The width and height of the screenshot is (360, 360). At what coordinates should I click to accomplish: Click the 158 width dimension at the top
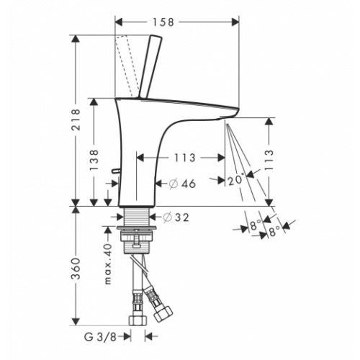point(163,22)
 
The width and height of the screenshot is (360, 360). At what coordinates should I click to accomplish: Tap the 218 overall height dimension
point(76,120)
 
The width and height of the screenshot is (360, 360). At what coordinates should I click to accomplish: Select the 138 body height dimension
point(94,160)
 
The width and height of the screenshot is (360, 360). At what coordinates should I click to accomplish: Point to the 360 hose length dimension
point(76,269)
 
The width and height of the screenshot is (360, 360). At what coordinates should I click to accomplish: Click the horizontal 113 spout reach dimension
point(185,158)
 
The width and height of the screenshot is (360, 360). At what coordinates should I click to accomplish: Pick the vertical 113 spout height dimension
point(269,160)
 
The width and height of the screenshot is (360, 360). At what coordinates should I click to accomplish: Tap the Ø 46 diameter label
point(182,184)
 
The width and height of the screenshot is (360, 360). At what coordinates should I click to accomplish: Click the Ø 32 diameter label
point(176,217)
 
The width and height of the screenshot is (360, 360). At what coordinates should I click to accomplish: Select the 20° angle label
point(236,180)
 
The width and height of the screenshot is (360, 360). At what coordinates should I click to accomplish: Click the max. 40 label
point(108,264)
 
